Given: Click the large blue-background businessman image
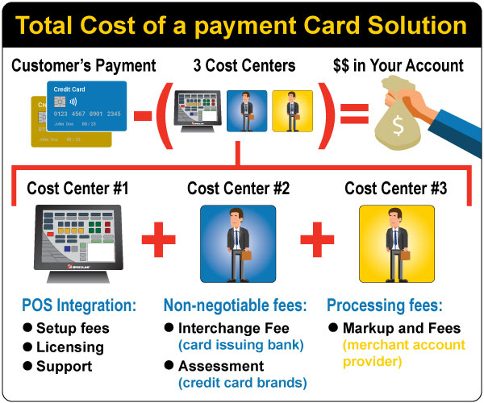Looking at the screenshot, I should point(238,242).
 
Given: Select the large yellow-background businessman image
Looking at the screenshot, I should point(395,242).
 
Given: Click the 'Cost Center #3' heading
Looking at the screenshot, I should point(395,189).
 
